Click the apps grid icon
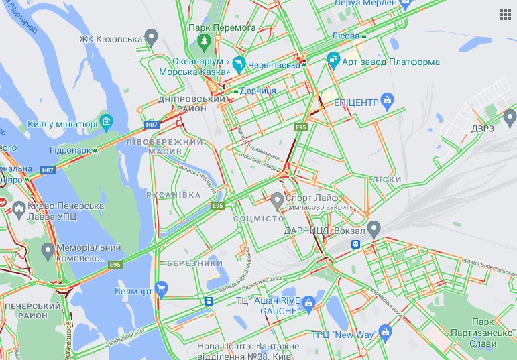coord(505,15)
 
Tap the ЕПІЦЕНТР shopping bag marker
coord(387,101)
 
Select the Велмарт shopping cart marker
coord(161,290)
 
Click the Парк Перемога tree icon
coord(204,42)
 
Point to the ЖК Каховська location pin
coord(152,36)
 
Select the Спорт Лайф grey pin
coord(277,199)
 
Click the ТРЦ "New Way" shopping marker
coord(385,331)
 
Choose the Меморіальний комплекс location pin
coord(48,252)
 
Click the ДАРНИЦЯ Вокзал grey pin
coord(374,229)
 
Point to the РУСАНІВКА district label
coord(174,195)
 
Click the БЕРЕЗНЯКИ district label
coord(195,263)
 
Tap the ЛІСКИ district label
coord(386,180)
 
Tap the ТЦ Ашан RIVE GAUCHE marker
coord(308,302)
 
